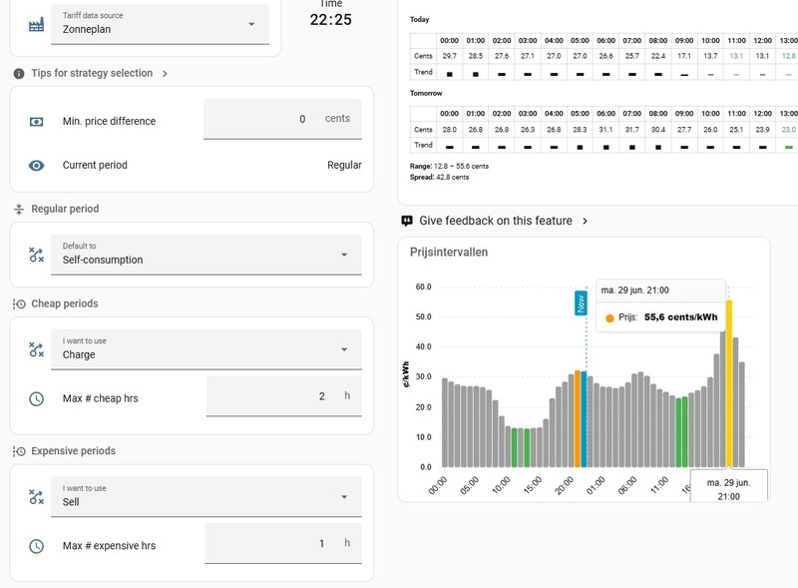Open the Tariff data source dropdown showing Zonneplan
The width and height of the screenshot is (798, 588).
click(x=160, y=24)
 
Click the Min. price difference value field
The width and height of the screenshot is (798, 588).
click(x=282, y=119)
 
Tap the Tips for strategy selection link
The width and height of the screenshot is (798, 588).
click(x=92, y=73)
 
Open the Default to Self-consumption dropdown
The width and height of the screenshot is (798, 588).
click(x=206, y=255)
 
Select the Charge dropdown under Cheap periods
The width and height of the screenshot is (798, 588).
click(x=206, y=349)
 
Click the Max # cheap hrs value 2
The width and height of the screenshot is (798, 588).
click(x=321, y=396)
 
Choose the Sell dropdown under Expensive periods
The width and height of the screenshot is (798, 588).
click(x=206, y=497)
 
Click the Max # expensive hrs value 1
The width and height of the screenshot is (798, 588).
click(x=321, y=544)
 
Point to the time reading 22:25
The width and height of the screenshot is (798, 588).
click(x=331, y=19)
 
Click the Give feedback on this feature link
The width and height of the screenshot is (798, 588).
click(x=495, y=221)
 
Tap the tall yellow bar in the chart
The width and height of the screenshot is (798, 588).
click(x=729, y=383)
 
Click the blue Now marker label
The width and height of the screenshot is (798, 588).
click(x=581, y=303)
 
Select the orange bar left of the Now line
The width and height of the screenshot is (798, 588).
click(x=578, y=419)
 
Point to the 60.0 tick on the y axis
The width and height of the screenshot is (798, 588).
click(x=423, y=287)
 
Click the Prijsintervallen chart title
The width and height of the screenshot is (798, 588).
click(x=449, y=253)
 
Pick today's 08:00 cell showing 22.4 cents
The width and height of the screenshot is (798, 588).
click(x=658, y=56)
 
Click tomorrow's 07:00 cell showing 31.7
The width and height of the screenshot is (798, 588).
click(x=632, y=130)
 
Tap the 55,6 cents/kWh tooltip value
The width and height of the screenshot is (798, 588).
click(x=681, y=316)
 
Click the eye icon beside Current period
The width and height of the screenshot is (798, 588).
click(x=36, y=166)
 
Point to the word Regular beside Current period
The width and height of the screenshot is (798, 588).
click(x=344, y=165)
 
